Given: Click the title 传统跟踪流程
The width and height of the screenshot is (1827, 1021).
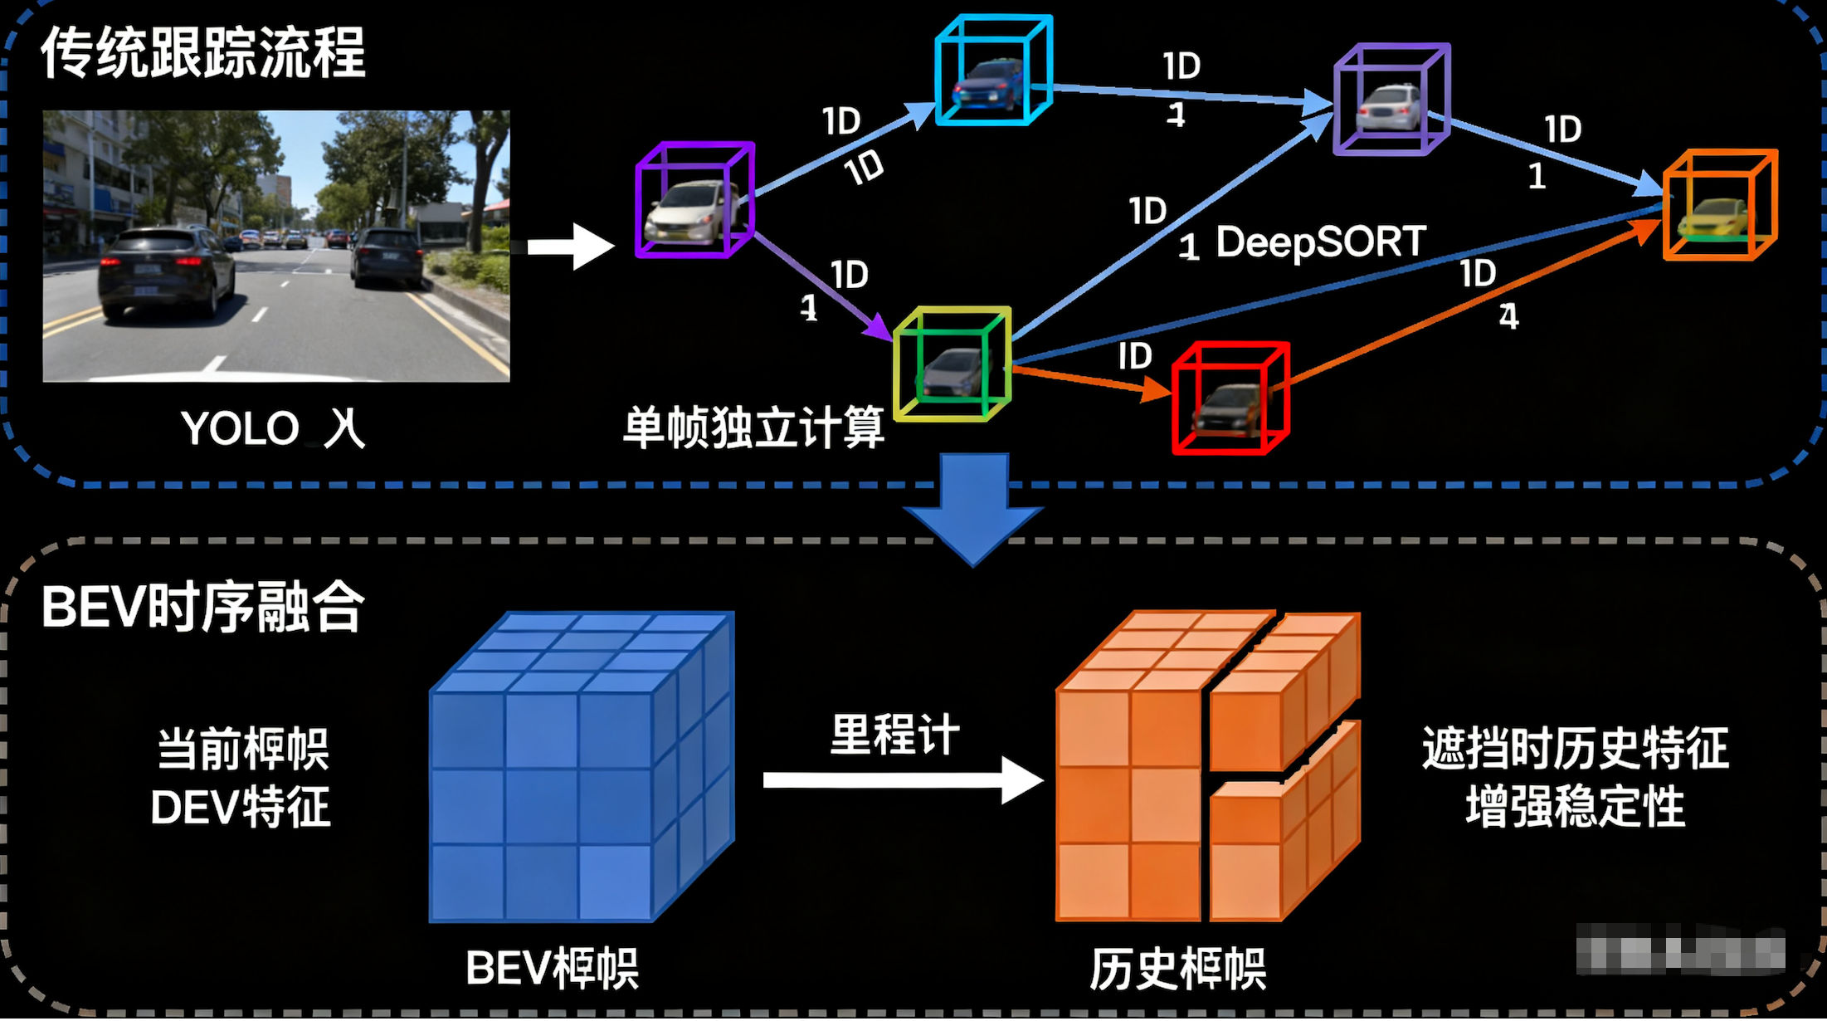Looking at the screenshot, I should coord(203,53).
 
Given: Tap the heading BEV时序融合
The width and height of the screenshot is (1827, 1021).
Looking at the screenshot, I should coord(203,607).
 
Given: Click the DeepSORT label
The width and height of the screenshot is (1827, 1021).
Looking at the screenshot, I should coord(1320,242).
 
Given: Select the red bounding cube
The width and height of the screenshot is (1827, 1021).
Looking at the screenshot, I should coord(1230,398).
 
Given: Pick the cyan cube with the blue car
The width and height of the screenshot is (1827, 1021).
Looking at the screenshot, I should coord(993,71).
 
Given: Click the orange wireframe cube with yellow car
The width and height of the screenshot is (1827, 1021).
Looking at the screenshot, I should coord(1719,205).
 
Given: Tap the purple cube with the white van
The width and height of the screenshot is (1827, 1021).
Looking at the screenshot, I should coord(694,200).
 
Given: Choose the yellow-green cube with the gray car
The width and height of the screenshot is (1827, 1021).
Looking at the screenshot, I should coord(952,364).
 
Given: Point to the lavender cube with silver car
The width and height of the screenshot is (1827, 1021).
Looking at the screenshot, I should coord(1391,100).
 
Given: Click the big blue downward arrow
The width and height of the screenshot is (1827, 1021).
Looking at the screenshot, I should coord(973,506).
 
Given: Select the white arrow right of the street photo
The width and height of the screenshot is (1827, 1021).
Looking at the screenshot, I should coord(571,247).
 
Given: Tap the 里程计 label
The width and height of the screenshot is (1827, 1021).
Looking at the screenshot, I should coord(894,735).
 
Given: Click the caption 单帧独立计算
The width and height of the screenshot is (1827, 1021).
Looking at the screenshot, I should coord(753,428).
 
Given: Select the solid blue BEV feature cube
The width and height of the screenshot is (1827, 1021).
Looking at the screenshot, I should coord(581,768).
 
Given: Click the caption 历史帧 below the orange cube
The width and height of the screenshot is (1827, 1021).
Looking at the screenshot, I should coord(1178,969).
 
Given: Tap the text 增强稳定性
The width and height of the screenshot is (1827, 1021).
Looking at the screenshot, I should coord(1575,807).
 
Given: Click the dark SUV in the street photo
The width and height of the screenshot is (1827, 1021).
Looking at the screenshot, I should coord(166,270).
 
